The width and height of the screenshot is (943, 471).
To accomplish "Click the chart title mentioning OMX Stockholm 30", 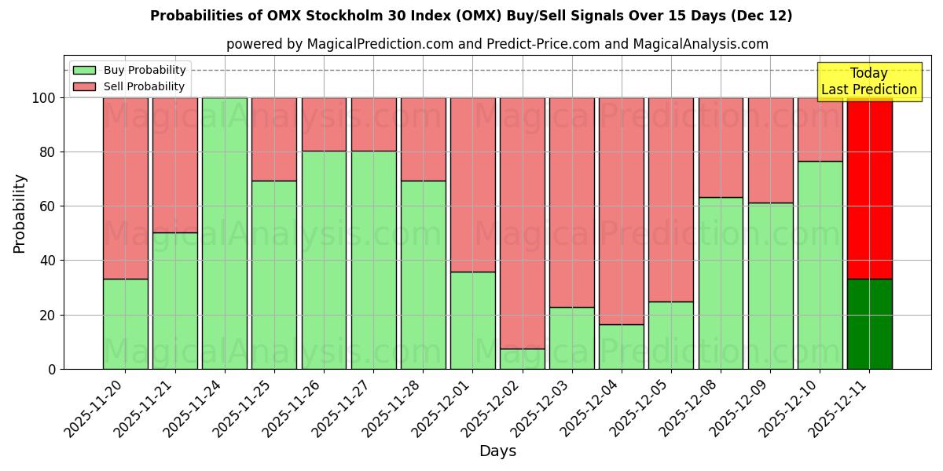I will click(x=471, y=16).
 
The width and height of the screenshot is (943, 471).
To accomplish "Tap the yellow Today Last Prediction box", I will click(x=868, y=82).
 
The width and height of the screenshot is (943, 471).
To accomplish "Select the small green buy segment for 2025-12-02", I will click(x=522, y=359).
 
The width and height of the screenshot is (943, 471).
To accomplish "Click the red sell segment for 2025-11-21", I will click(x=174, y=165).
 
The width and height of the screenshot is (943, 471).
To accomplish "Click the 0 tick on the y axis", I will click(x=52, y=369).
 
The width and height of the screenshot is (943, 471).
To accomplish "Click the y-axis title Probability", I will click(x=20, y=213).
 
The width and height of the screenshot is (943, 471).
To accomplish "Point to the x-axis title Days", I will click(x=497, y=451).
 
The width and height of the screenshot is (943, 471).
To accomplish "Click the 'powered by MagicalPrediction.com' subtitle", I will click(x=497, y=44).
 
